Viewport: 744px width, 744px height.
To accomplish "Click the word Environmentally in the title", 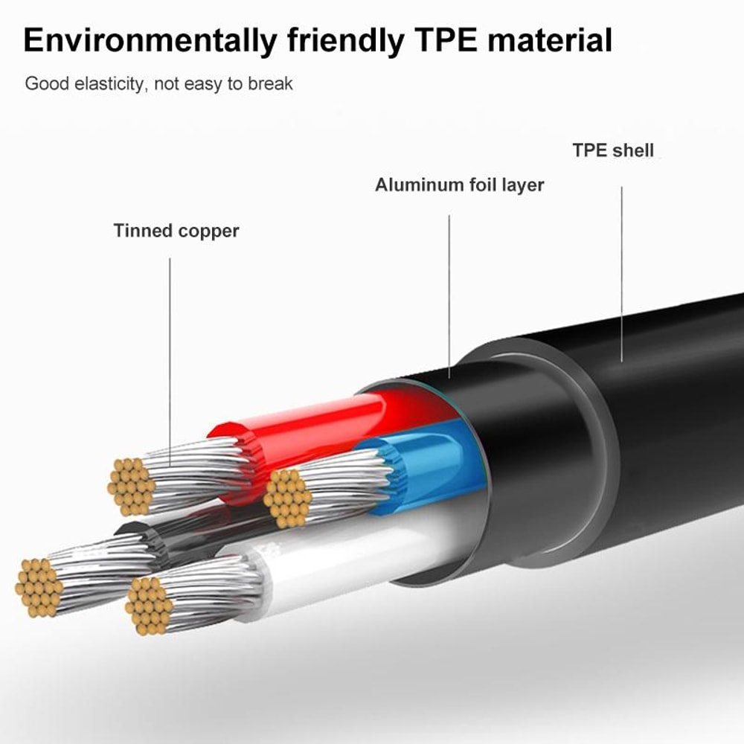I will tap(142, 40).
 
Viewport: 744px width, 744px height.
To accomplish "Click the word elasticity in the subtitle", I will tap(103, 83).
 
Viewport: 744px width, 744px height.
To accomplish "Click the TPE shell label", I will tap(612, 150).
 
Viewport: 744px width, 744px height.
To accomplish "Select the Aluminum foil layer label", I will tap(459, 185).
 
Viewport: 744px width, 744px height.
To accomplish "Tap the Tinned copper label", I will tap(176, 231).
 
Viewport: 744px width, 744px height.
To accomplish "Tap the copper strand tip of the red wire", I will tap(131, 487).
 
